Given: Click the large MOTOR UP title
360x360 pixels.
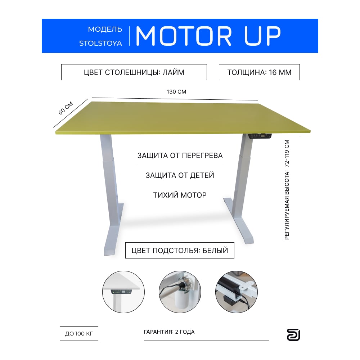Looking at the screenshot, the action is [x=208, y=36].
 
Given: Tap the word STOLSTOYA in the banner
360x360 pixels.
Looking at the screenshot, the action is [x=100, y=43].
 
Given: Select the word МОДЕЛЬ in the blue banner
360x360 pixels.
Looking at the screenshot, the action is [x=105, y=30].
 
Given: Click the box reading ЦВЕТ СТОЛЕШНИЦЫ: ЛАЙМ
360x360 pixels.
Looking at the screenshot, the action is [x=134, y=72].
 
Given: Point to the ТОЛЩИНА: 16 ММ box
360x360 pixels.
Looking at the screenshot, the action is [x=259, y=72].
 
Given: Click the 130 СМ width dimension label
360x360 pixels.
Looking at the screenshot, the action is [x=176, y=91].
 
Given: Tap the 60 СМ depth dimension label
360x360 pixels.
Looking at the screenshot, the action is [x=66, y=108].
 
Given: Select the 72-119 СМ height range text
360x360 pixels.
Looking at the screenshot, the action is [x=287, y=153].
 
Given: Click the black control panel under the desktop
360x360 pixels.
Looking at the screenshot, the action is [x=260, y=136].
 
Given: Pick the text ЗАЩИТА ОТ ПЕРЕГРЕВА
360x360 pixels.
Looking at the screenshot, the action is [x=180, y=156].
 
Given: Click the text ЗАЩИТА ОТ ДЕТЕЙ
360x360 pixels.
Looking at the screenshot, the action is [x=180, y=175].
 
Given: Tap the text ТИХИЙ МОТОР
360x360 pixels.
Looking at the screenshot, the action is [x=180, y=195].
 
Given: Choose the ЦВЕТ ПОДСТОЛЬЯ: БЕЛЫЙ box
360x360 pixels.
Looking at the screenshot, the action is [x=180, y=250].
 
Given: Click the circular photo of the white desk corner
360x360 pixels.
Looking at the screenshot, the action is [x=123, y=292].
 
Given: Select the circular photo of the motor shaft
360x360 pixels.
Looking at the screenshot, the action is [x=180, y=292].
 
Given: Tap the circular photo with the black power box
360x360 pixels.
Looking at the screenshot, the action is [x=237, y=292].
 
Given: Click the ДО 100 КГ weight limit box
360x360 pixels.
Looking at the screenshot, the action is [x=79, y=333].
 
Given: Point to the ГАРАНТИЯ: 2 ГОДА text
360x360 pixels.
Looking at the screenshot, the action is [x=169, y=332].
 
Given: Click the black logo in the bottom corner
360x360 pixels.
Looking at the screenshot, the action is [x=293, y=335].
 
